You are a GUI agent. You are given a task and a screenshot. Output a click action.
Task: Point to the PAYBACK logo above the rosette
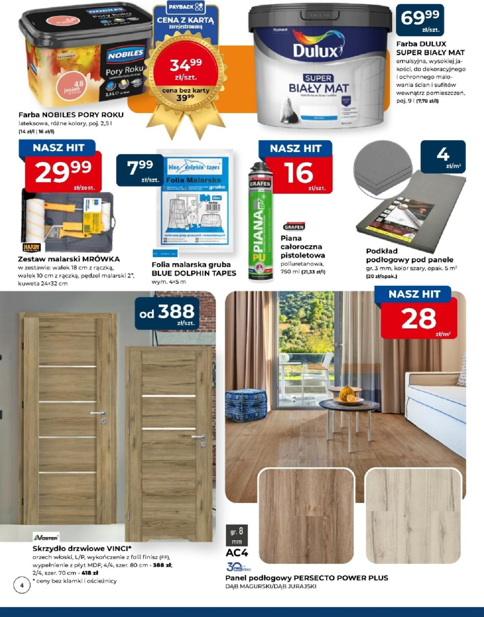(186, 7)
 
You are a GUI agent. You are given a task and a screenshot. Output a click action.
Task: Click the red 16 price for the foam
(298, 173)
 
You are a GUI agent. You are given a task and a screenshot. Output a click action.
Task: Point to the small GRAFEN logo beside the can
(294, 227)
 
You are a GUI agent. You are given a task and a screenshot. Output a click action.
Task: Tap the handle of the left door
(98, 414)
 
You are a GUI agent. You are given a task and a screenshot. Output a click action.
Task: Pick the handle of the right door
(198, 437)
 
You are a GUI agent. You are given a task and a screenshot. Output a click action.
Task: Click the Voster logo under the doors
(46, 538)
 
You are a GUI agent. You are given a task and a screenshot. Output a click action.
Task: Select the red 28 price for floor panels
(419, 319)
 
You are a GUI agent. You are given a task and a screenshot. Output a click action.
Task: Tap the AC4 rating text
(237, 552)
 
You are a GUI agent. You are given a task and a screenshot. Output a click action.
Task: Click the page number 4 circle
(22, 585)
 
